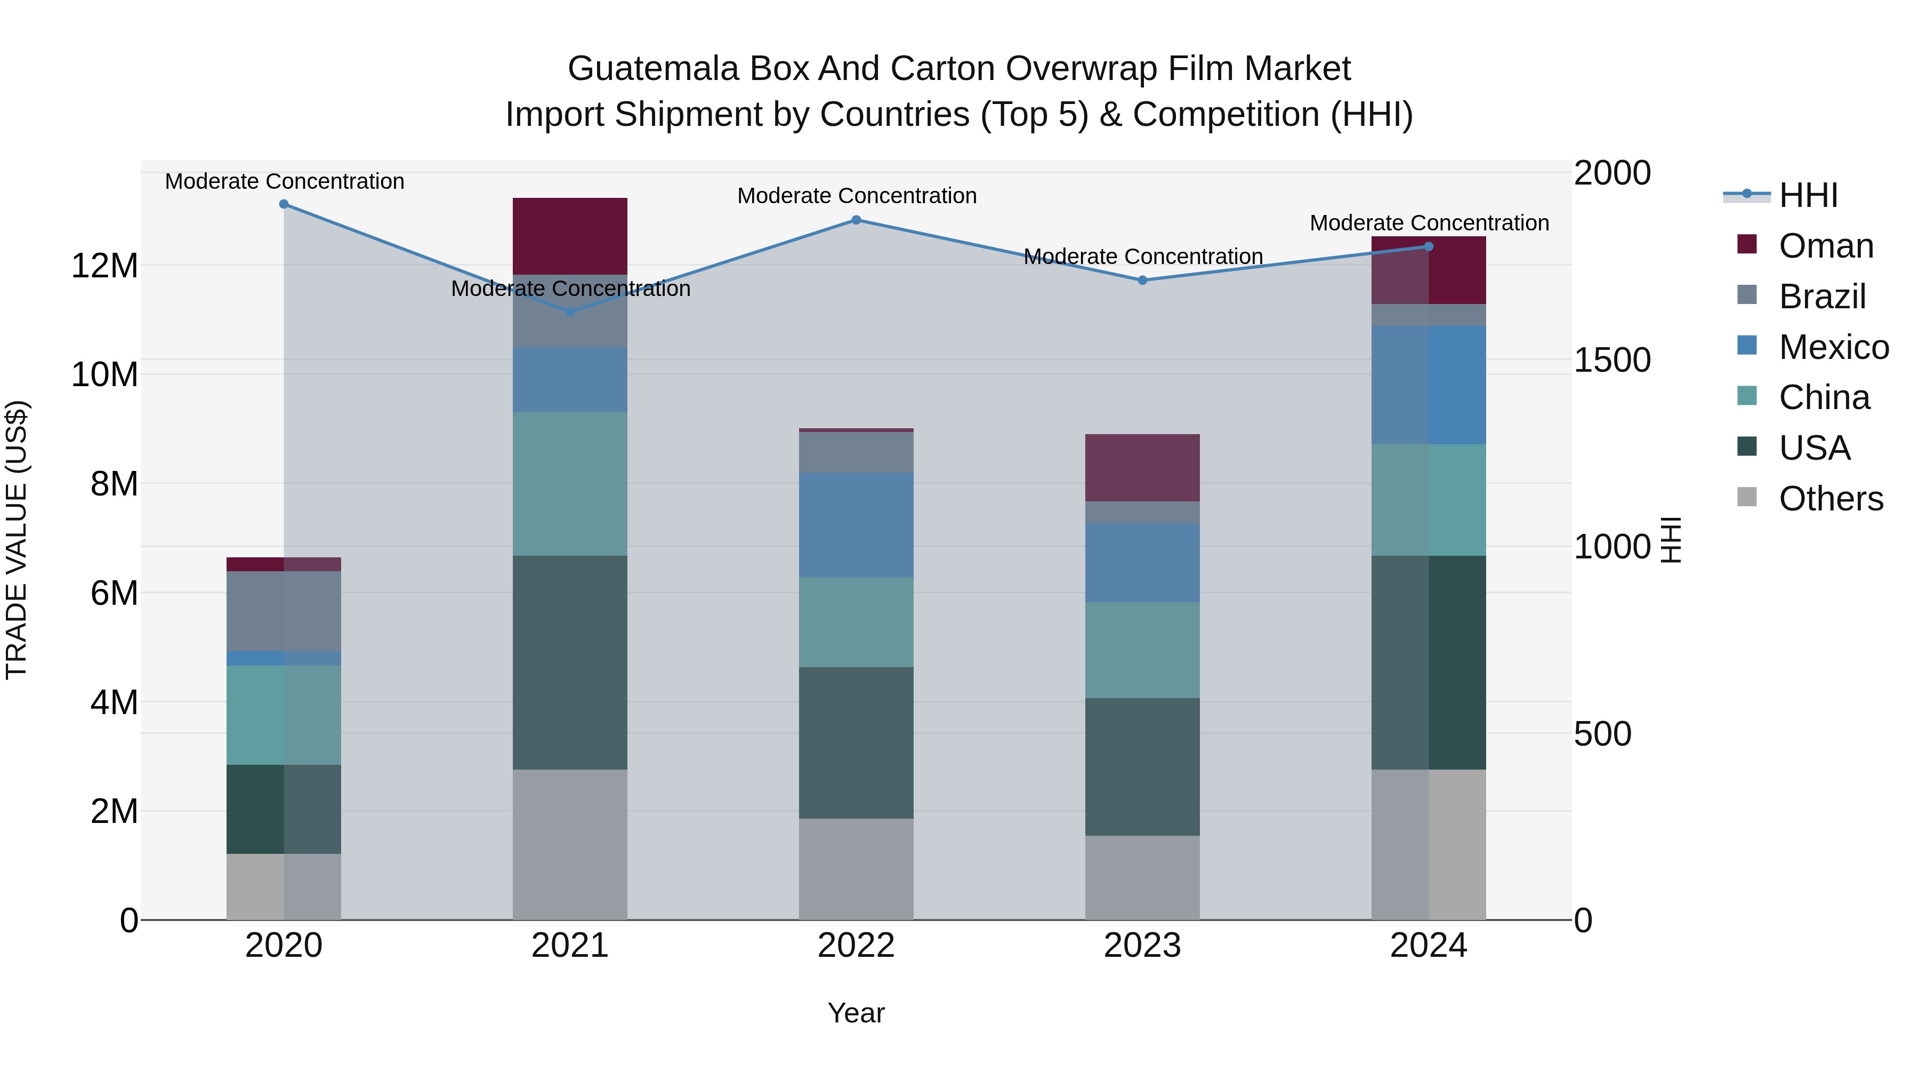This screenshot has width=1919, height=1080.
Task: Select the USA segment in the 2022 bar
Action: click(856, 742)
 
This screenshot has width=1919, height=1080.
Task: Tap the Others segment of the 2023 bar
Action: click(1142, 877)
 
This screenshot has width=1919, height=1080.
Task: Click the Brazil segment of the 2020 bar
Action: click(284, 611)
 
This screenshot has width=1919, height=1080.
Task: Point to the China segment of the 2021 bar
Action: click(570, 484)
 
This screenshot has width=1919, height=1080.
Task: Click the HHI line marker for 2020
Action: click(284, 204)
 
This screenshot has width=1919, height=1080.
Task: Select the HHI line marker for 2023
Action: click(1142, 280)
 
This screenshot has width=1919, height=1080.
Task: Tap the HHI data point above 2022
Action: click(856, 220)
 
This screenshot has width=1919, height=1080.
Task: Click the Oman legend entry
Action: click(1825, 246)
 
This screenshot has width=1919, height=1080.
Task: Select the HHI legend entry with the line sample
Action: click(1808, 195)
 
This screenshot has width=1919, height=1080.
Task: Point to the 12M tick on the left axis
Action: click(104, 266)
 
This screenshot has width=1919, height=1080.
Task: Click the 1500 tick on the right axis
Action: click(1612, 361)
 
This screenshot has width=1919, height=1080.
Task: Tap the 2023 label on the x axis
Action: click(1142, 946)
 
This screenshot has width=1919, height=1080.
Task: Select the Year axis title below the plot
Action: click(856, 1013)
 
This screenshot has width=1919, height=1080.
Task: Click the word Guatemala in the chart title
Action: click(654, 69)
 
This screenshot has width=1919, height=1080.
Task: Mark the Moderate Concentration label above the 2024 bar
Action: click(1428, 223)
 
